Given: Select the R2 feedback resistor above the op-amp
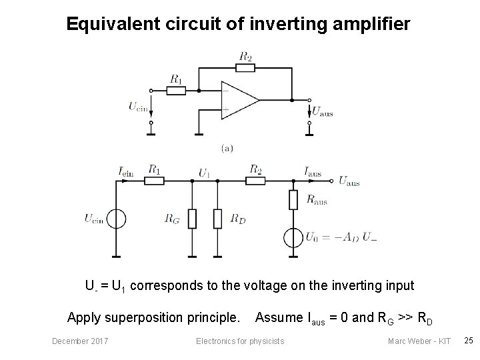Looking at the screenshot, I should pos(245,67).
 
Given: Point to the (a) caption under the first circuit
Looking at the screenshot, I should pos(227,148).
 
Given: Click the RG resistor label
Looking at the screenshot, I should pos(172,218).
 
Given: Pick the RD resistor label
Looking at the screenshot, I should pos(238,218).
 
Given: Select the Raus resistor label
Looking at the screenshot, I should pos(317,198).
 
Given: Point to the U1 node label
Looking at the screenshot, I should pos(205,173).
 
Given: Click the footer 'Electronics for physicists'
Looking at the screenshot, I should pos(239,341).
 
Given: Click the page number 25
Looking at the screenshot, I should pos(468,341).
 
